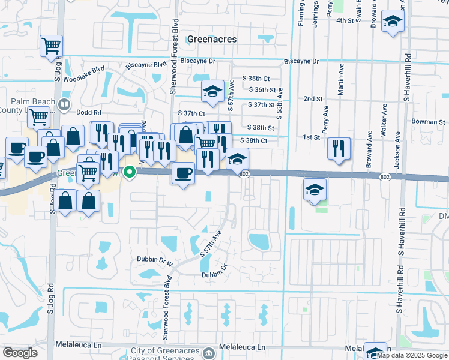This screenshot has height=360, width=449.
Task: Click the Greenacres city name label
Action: [212, 39]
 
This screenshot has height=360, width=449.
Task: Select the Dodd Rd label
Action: [88, 112]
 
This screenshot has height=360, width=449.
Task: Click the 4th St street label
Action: [345, 20]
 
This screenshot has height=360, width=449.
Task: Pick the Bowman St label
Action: [428, 122]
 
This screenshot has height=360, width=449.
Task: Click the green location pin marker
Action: [128, 172]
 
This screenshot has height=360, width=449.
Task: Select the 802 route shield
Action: [243, 173]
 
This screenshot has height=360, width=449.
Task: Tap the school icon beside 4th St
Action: [393, 22]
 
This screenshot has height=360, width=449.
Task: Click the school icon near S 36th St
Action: [212, 92]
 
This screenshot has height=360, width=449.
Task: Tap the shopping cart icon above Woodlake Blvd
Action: [51, 46]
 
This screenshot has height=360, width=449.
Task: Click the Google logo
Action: [20, 353]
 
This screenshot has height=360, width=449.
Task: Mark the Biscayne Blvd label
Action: [146, 65]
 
